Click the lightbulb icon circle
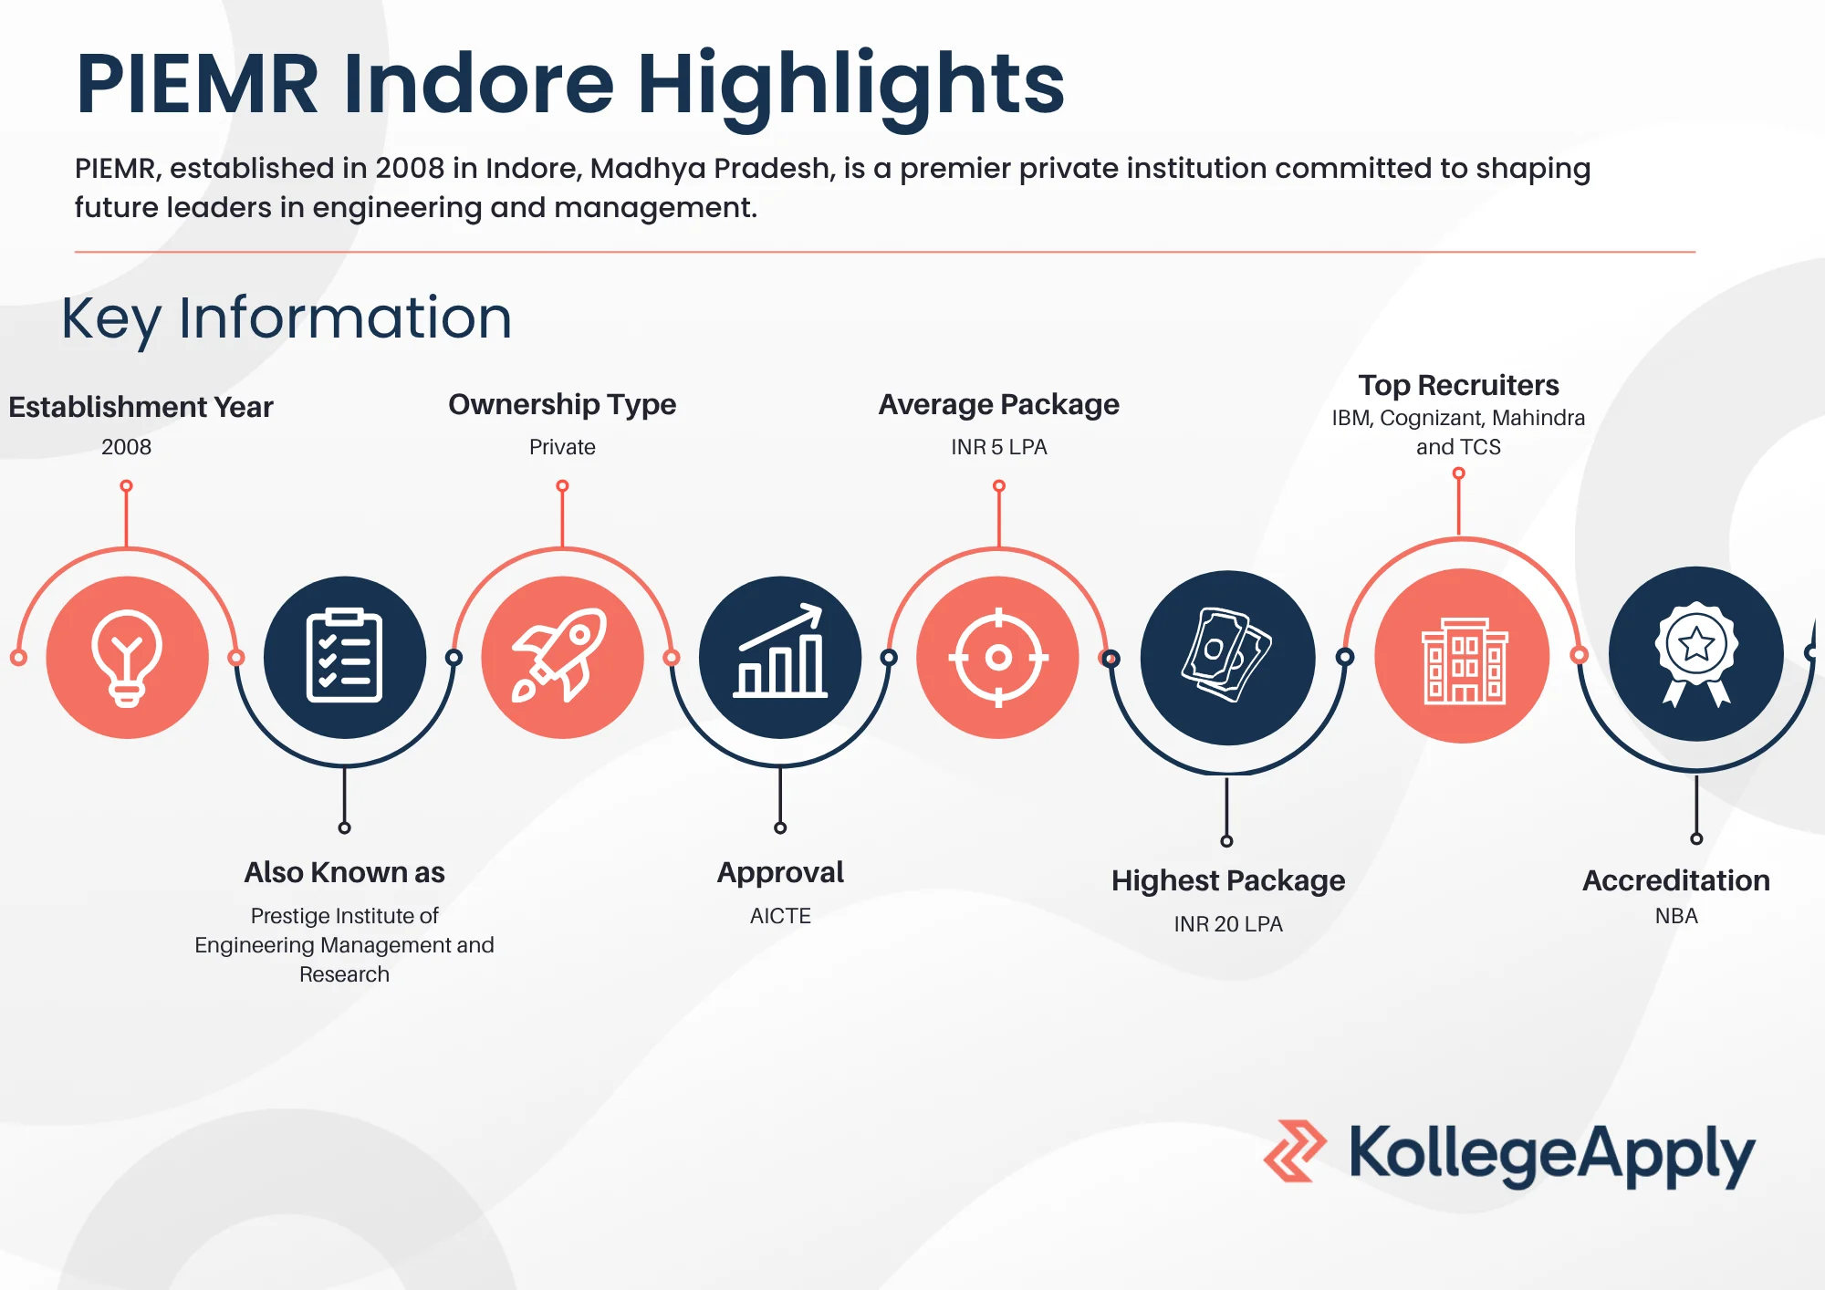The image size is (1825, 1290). (127, 657)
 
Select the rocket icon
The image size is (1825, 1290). (560, 655)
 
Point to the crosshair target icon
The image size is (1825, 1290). (998, 657)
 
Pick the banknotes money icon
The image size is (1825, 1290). (1227, 654)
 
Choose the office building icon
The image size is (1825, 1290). (1464, 660)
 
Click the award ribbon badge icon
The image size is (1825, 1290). (1696, 653)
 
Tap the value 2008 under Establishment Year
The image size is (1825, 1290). (126, 447)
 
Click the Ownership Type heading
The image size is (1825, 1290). (562, 404)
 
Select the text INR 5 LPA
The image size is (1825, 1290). (999, 447)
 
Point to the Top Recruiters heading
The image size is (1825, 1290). (1458, 385)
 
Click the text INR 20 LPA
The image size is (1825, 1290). (1228, 924)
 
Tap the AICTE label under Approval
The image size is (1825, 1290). (780, 916)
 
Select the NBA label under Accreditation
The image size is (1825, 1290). (1676, 916)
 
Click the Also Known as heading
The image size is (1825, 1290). (344, 872)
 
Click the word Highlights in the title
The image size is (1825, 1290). (850, 84)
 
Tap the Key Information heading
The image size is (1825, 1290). (287, 318)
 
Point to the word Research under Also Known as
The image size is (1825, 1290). (344, 974)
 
